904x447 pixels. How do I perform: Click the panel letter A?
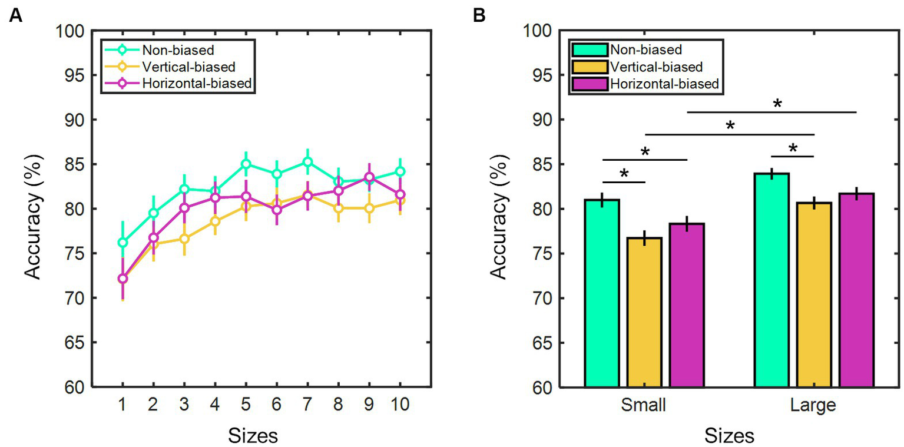click(x=16, y=16)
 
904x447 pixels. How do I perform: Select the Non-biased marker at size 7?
click(x=307, y=162)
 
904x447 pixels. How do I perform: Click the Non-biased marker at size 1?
click(x=122, y=243)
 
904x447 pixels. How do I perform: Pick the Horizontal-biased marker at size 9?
click(x=369, y=177)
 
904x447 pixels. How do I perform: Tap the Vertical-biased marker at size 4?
click(x=215, y=221)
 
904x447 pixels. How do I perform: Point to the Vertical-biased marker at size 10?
click(x=400, y=200)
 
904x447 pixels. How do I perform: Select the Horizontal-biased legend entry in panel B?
click(x=662, y=84)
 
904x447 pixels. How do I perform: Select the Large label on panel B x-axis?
click(x=814, y=406)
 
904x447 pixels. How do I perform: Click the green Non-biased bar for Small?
click(x=602, y=294)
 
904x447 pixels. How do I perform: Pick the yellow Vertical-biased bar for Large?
click(x=814, y=294)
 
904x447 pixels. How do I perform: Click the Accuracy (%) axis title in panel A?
click(x=35, y=209)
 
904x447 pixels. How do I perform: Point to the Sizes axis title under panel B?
click(x=729, y=436)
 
